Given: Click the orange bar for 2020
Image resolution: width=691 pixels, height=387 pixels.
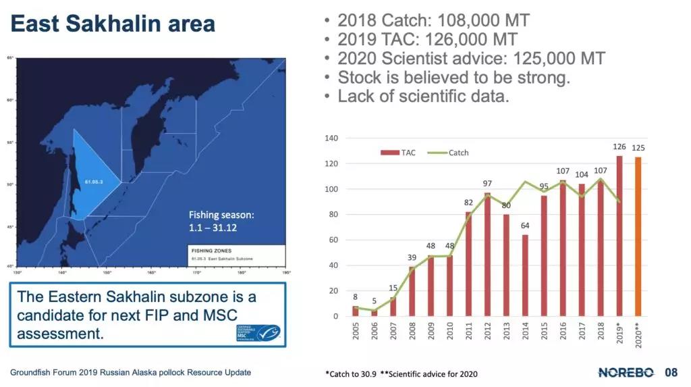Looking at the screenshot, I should [x=638, y=236].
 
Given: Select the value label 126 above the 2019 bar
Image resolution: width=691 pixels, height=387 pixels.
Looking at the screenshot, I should [x=619, y=147].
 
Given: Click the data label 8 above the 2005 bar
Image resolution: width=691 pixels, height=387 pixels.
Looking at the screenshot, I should [x=356, y=296].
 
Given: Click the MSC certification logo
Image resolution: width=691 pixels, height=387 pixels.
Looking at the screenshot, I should [x=258, y=332].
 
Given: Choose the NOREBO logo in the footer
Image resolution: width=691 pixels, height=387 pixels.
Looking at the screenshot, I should [x=626, y=372].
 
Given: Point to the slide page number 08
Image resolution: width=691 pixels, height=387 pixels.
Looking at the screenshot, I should [x=671, y=372].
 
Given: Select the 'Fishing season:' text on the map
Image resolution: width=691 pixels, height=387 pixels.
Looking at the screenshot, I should [x=221, y=215].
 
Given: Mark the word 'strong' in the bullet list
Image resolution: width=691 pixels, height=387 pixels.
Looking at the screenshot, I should [x=544, y=77].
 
